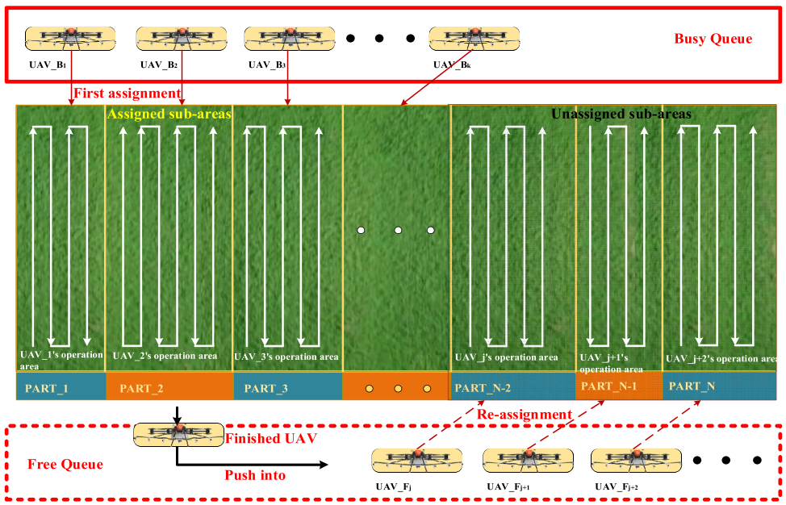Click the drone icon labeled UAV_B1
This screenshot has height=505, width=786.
point(69,37)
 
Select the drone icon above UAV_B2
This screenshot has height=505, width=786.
point(181,37)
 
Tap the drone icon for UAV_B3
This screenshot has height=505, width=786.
point(290,37)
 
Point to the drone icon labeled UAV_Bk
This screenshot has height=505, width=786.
point(474,37)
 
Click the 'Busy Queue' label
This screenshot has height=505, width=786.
point(713,39)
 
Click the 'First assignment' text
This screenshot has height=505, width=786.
point(127,94)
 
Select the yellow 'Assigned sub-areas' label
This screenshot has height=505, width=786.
point(169,115)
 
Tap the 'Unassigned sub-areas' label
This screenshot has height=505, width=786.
point(621,115)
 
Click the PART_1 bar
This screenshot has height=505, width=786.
point(61,388)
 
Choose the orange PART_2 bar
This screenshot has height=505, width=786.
point(169,388)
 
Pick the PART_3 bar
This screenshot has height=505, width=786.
point(288,388)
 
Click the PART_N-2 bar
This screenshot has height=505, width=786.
point(512,388)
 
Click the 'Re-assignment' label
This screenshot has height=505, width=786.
point(525,415)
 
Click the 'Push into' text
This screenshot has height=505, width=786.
point(255,475)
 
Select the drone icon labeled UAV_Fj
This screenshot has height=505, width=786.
point(416,460)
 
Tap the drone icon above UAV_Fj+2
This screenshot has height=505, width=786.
point(636,460)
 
